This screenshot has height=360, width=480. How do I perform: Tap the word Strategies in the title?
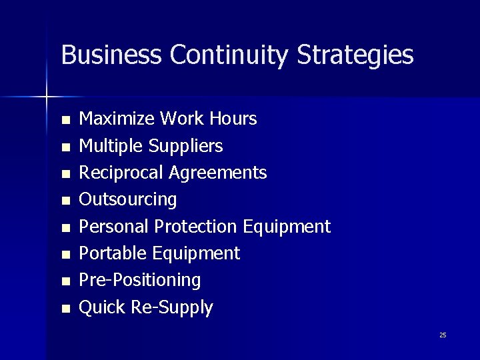355,56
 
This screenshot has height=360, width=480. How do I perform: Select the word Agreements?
218,173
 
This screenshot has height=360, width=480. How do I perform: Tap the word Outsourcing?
128,200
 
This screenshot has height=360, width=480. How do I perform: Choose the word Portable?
113,253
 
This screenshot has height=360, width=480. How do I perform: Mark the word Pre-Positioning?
140,281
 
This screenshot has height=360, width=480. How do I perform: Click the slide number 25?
443,335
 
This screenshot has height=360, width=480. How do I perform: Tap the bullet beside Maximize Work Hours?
65,121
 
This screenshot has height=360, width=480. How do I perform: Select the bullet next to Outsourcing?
65,201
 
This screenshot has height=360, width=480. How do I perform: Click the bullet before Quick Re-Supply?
65,309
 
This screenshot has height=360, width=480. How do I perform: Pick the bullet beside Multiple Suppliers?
65,147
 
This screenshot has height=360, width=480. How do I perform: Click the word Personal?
114,227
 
